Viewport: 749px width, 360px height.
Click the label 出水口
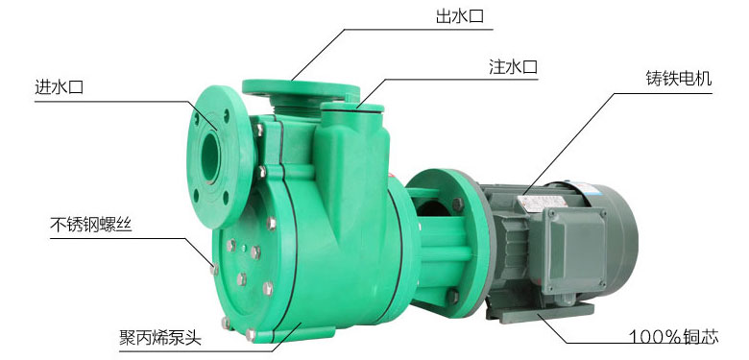460,17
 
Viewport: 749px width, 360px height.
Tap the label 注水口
513,67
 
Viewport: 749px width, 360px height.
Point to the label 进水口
60,87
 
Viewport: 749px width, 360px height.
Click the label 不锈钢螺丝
91,225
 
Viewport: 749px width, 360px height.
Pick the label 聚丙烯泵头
160,338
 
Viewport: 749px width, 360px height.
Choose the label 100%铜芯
673,337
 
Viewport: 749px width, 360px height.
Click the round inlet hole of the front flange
209,156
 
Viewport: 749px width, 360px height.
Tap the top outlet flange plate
301,88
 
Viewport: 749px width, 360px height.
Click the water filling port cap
352,107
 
